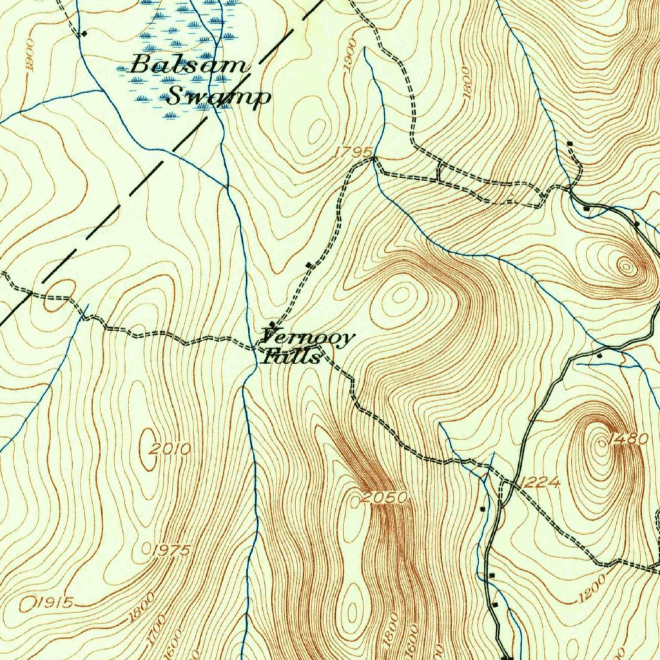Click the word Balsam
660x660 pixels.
[189, 65]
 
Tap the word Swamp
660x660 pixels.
[218, 98]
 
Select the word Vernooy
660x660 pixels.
[308, 337]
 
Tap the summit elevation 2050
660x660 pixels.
[385, 498]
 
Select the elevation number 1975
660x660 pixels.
[171, 550]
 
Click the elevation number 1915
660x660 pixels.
[54, 603]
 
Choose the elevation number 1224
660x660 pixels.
[539, 481]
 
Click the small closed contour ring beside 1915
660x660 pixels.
[27, 604]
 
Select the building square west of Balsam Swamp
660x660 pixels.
[83, 34]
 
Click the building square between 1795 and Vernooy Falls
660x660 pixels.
[309, 265]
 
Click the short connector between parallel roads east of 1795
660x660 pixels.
[438, 171]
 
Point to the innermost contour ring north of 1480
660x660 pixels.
[625, 265]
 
